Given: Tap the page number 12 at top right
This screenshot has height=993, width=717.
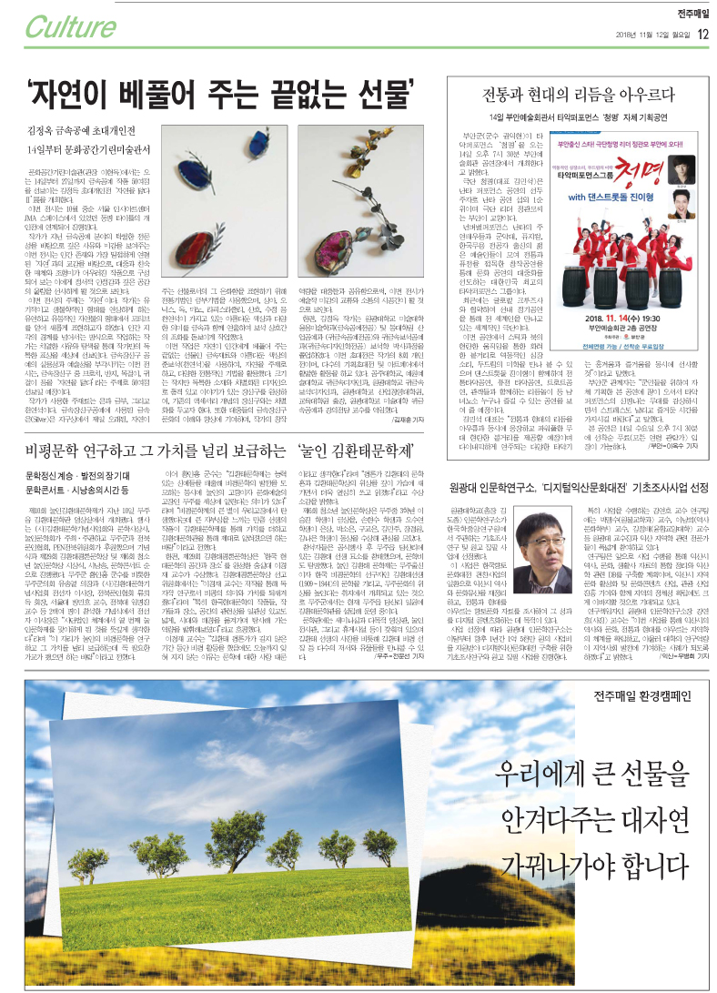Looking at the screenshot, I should [x=702, y=35].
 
